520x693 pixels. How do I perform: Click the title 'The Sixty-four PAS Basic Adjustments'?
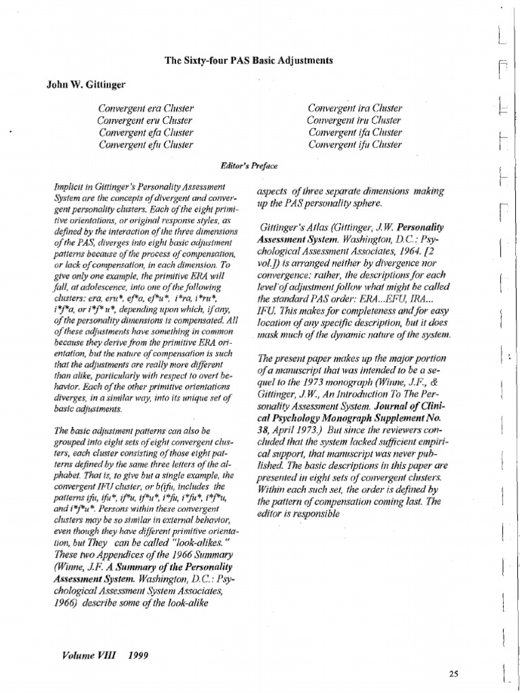(x=248, y=61)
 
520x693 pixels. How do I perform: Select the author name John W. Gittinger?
(x=86, y=85)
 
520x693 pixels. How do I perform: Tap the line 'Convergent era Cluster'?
(x=146, y=108)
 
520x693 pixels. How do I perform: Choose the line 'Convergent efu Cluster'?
(x=146, y=145)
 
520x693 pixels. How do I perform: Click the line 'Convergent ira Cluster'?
(x=355, y=108)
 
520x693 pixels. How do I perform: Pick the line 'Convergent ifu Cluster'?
(x=355, y=145)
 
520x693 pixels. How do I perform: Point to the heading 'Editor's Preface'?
(x=249, y=165)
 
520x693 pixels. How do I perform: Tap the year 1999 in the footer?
(x=135, y=656)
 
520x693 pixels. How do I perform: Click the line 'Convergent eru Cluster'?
(x=146, y=120)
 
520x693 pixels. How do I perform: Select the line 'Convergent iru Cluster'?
(x=355, y=120)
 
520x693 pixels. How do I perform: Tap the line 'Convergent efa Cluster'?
(x=146, y=133)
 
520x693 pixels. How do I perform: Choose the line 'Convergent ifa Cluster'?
(x=355, y=133)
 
